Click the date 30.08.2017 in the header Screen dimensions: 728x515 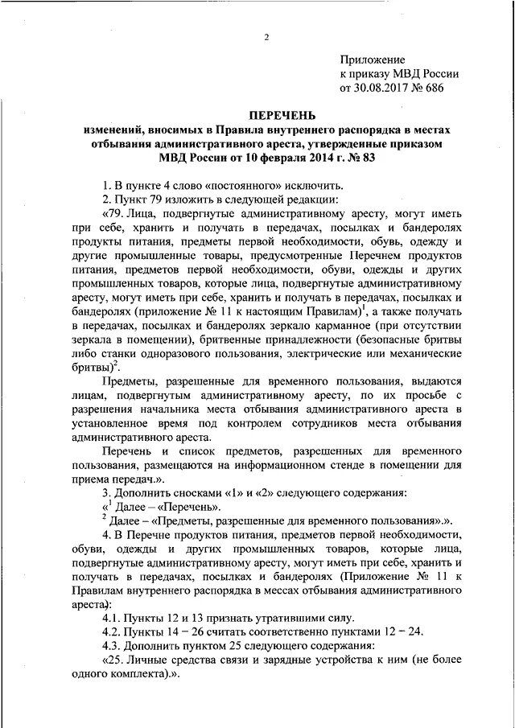[x=382, y=88]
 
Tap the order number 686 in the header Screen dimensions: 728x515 [x=432, y=88]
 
